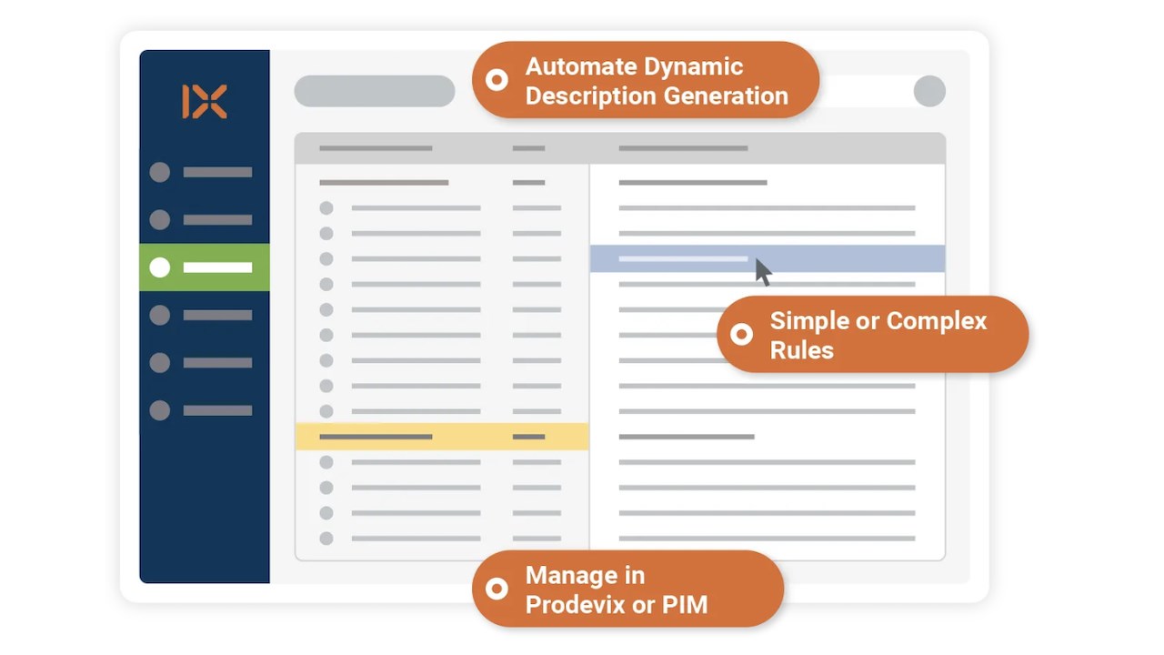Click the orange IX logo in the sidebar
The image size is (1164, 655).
(205, 101)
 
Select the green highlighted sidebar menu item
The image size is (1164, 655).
(205, 267)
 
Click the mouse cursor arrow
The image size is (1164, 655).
(763, 272)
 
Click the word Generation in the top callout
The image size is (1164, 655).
(726, 96)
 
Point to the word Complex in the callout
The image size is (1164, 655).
(937, 321)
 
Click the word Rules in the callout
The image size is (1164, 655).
(802, 350)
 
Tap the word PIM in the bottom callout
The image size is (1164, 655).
(685, 605)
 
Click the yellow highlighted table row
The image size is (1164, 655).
(442, 437)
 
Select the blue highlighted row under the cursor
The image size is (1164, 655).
(768, 258)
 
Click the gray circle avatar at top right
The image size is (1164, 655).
(929, 91)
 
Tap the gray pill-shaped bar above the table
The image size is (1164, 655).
(374, 91)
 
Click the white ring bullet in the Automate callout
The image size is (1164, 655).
(497, 79)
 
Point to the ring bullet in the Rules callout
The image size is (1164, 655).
(741, 334)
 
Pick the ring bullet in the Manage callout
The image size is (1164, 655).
(497, 589)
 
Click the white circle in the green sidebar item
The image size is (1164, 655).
(159, 267)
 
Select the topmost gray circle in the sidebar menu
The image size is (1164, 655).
(159, 172)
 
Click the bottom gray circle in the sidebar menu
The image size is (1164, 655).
(159, 410)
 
